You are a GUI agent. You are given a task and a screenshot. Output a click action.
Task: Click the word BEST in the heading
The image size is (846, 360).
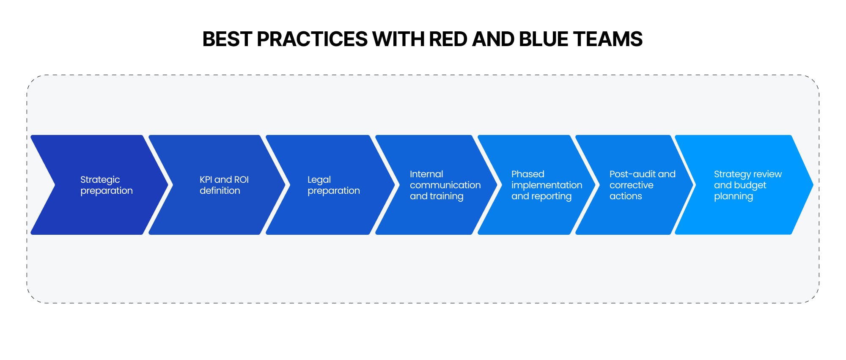227,39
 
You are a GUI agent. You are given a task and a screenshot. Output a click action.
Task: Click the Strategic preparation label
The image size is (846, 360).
106,185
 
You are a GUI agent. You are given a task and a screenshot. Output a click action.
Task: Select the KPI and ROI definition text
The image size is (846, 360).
224,185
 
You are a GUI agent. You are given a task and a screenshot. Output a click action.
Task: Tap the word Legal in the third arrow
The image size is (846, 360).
319,180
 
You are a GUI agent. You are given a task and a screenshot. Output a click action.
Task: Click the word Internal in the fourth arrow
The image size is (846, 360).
426,174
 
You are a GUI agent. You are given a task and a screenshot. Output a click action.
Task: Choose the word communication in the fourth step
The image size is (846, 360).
445,185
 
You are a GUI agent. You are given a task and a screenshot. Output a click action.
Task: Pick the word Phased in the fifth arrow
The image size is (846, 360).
527,174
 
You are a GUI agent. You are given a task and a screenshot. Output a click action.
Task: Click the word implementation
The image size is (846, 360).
547,185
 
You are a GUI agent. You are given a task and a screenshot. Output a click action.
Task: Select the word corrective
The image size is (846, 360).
631,185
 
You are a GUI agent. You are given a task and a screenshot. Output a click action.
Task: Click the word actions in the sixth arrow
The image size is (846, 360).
626,196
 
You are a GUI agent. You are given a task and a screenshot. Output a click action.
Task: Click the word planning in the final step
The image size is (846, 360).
733,196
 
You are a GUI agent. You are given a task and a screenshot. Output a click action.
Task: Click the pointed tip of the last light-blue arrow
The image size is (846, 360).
812,184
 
